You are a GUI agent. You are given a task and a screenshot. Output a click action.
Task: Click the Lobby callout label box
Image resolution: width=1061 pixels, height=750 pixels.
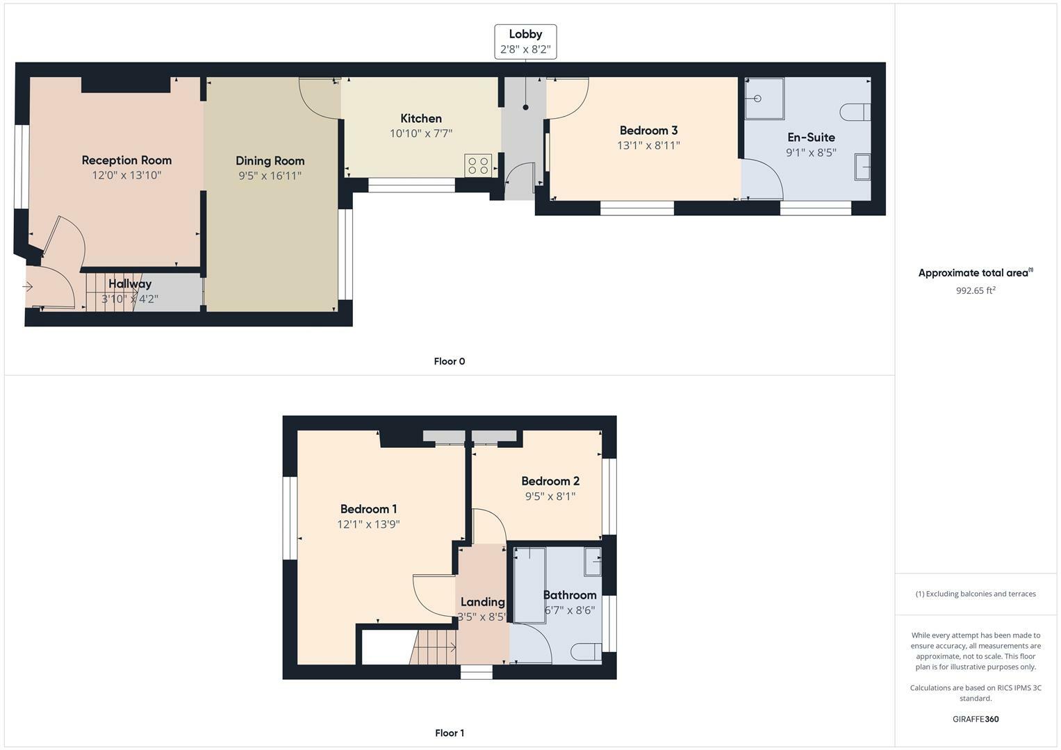525,42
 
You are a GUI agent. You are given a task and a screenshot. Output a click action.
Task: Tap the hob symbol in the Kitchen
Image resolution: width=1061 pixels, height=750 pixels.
478,165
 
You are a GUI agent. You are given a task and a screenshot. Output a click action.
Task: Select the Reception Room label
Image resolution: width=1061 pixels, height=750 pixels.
126,160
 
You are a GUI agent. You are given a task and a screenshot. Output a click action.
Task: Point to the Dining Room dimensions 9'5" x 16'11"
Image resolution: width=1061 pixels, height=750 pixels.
270,176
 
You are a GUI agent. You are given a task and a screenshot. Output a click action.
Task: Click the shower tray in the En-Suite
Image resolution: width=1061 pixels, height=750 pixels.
764,99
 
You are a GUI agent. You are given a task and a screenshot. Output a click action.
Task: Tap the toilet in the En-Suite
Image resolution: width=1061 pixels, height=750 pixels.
856,112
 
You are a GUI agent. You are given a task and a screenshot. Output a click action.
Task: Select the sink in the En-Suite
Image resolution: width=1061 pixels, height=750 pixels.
862,167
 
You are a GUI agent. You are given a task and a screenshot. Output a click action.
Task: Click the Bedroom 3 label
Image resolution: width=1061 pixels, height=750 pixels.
648,131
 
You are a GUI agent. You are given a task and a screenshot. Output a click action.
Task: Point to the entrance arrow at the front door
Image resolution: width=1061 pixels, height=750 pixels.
28,287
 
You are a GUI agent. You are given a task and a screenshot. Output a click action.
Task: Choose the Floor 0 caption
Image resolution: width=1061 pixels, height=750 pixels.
449,361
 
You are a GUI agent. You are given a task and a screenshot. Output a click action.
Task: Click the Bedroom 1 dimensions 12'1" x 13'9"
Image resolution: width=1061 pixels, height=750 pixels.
368,525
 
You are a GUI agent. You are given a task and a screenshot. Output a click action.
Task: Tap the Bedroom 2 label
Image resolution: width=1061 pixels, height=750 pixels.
550,481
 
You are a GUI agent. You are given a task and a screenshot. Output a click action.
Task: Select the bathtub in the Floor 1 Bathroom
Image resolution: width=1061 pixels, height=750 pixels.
529,584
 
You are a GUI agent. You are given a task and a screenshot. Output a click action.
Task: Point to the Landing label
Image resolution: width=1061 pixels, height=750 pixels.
482,602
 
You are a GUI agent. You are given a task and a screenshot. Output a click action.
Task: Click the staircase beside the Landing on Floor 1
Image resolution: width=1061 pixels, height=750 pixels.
434,647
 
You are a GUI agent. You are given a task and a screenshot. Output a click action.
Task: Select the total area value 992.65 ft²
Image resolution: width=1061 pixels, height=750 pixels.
976,291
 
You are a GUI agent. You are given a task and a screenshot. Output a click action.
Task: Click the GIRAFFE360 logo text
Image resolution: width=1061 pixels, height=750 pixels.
976,719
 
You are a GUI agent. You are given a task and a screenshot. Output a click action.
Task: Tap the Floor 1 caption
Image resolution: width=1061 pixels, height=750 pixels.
449,733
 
